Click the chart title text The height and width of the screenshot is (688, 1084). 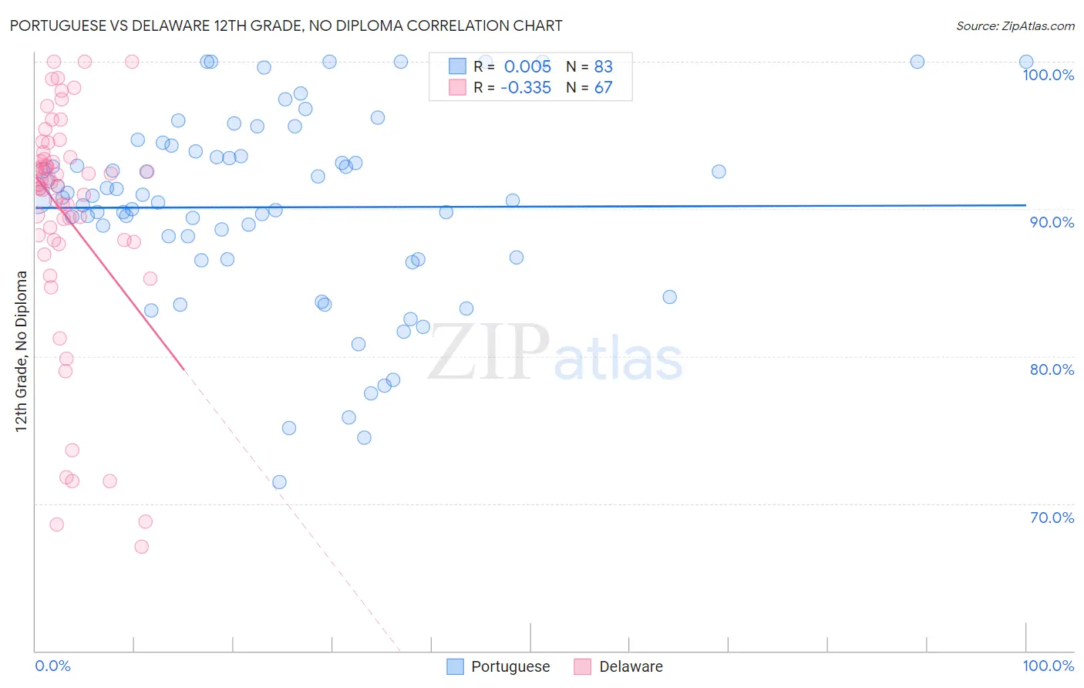[x=285, y=25]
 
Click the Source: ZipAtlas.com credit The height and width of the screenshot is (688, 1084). [x=1015, y=25]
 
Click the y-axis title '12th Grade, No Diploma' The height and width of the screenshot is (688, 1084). [x=22, y=351]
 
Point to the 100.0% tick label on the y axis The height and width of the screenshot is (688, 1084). [x=1048, y=75]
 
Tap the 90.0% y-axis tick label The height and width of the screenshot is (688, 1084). [x=1052, y=222]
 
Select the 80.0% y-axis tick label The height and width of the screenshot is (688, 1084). [x=1052, y=369]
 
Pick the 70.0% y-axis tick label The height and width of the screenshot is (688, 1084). [x=1052, y=518]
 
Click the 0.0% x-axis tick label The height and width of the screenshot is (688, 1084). [x=52, y=666]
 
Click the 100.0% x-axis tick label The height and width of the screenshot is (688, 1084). [x=1048, y=666]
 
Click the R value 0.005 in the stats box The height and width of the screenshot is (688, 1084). [x=527, y=66]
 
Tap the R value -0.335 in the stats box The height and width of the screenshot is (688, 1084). [x=526, y=88]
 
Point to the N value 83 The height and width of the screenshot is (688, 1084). [x=603, y=66]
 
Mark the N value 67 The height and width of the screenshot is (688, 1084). [x=603, y=88]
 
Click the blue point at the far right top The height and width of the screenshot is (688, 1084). [x=1026, y=62]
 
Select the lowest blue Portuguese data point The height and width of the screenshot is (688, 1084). [x=279, y=482]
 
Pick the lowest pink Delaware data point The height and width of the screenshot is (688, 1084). [x=141, y=547]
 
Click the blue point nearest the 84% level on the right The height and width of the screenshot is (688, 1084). [x=669, y=297]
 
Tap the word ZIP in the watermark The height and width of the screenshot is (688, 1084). [x=488, y=353]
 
